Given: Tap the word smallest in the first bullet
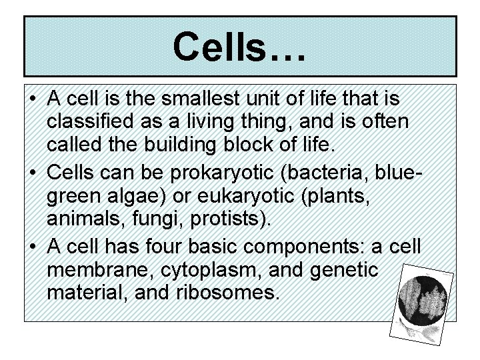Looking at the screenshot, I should click(x=197, y=101).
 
